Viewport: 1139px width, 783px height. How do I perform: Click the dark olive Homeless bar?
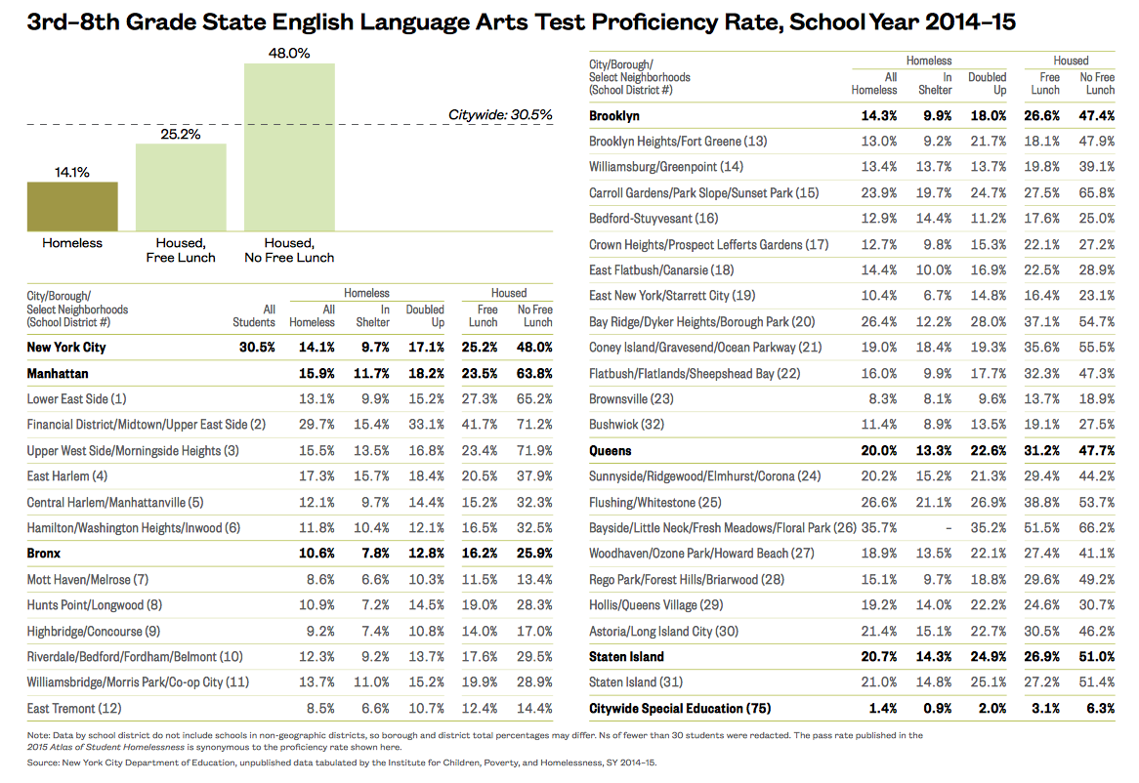tap(72, 206)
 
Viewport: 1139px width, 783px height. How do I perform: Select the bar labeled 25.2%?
tap(181, 186)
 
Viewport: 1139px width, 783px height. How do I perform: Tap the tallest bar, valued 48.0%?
tap(289, 146)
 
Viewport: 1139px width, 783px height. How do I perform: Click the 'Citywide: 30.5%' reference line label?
tap(500, 114)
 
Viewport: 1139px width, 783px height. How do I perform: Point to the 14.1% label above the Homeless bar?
tap(72, 172)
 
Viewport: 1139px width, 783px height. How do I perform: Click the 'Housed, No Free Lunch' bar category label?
tap(289, 250)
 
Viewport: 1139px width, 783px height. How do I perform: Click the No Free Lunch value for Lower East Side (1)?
tap(533, 398)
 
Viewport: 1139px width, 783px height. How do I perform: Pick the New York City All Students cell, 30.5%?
tap(259, 347)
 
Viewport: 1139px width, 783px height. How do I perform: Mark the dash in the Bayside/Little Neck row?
tap(947, 528)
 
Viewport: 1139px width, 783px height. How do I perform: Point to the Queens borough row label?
tap(611, 451)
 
